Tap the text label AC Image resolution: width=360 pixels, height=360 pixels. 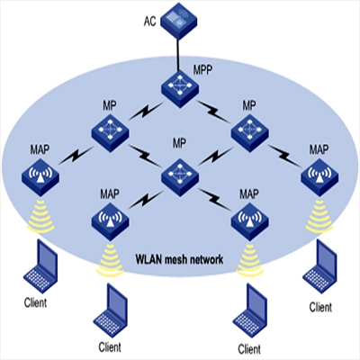pyautogui.click(x=150, y=22)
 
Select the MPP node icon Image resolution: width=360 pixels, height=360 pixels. pyautogui.click(x=180, y=89)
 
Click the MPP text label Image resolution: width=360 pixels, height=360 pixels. pyautogui.click(x=202, y=70)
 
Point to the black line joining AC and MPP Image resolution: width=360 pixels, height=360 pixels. pyautogui.click(x=178, y=55)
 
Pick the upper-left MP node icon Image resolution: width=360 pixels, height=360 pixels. pyautogui.click(x=110, y=133)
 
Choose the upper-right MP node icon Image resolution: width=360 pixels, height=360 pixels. pyautogui.click(x=249, y=133)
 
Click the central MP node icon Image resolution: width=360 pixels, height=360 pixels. pyautogui.click(x=180, y=177)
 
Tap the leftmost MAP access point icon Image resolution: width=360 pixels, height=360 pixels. pyautogui.click(x=40, y=177)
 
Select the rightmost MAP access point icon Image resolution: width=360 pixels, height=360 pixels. pyautogui.click(x=319, y=177)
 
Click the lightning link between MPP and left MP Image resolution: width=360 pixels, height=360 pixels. pyautogui.click(x=147, y=111)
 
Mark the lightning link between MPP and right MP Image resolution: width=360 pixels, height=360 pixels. pyautogui.click(x=213, y=112)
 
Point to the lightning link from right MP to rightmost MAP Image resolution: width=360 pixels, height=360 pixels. pyautogui.click(x=283, y=156)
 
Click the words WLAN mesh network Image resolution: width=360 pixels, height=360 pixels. pyautogui.click(x=179, y=259)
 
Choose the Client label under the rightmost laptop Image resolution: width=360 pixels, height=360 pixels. pyautogui.click(x=320, y=307)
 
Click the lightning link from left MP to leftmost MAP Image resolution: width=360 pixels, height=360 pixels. pyautogui.click(x=76, y=156)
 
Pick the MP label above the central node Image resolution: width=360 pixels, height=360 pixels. pyautogui.click(x=179, y=143)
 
